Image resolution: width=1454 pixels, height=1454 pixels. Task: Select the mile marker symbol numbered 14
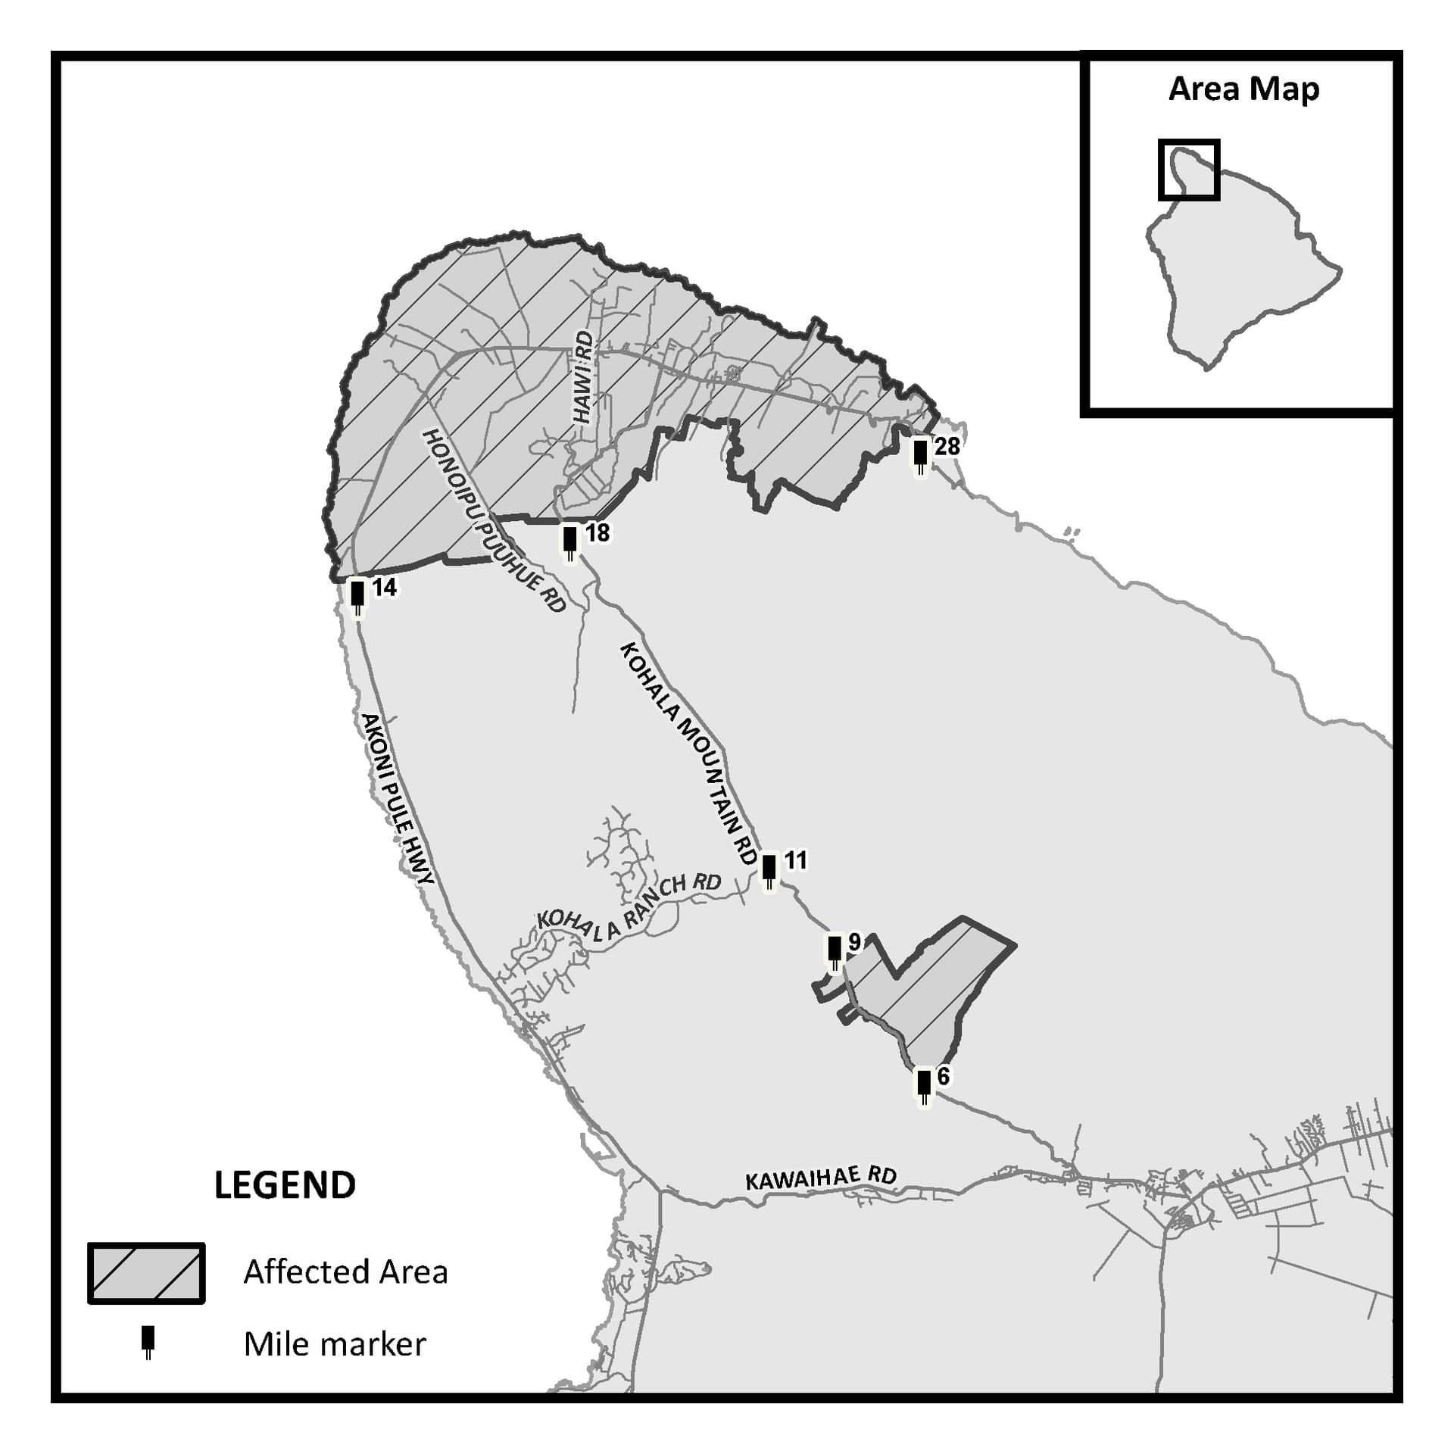pyautogui.click(x=357, y=597)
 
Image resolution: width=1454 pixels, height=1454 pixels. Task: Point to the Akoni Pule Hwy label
pyautogui.click(x=397, y=798)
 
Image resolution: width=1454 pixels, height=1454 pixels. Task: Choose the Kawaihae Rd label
pyautogui.click(x=821, y=1178)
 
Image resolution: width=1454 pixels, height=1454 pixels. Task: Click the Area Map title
pyautogui.click(x=1243, y=89)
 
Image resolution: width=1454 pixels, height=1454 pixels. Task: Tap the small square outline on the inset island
pyautogui.click(x=1189, y=170)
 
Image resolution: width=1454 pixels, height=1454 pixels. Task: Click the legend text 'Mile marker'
pyautogui.click(x=335, y=1344)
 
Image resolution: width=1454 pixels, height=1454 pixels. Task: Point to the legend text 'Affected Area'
pyautogui.click(x=345, y=1272)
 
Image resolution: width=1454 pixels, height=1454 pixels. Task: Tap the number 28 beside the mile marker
pyautogui.click(x=947, y=446)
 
